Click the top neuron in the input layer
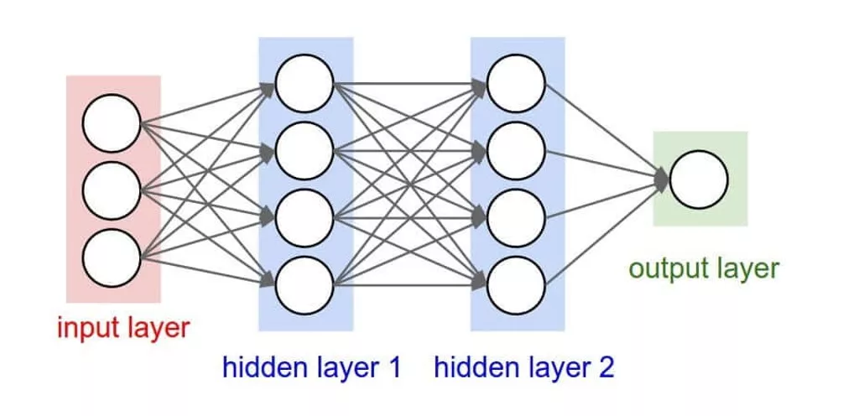point(111,125)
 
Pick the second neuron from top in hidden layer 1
point(304,152)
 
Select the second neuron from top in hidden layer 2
point(516,152)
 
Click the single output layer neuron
point(699,179)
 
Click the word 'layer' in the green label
point(748,269)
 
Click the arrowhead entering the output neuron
point(662,179)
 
